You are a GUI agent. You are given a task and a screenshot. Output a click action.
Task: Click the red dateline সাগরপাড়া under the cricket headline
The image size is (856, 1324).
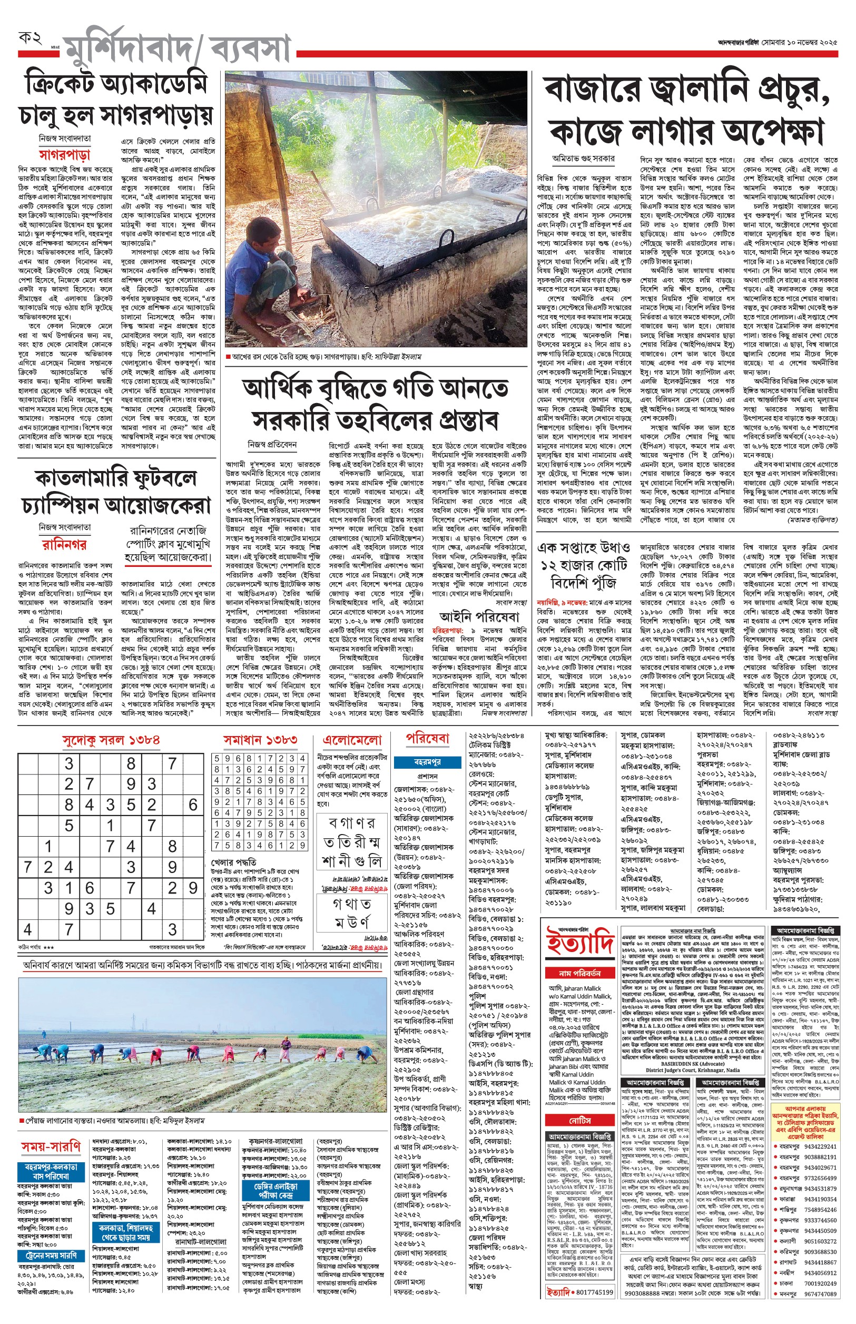click(64, 154)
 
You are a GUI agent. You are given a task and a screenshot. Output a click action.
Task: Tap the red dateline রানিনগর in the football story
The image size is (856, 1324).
click(64, 544)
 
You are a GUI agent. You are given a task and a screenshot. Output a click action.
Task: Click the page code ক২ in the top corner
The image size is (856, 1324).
click(30, 38)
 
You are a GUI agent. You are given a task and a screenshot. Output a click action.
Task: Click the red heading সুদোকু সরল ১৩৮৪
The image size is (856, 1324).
click(111, 740)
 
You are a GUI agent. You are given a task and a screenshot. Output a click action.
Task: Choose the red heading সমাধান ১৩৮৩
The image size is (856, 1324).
click(260, 740)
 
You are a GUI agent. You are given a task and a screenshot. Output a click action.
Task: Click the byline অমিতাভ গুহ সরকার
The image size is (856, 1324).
click(583, 159)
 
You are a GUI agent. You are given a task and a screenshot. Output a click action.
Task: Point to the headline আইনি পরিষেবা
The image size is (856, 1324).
click(479, 616)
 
